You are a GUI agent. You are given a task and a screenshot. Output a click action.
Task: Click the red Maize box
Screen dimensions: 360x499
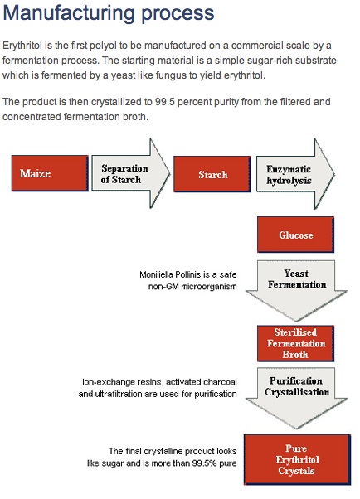(50, 173)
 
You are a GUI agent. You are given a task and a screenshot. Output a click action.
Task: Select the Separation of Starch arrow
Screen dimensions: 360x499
(130, 173)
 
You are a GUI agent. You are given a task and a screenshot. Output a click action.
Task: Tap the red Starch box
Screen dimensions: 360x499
(212, 174)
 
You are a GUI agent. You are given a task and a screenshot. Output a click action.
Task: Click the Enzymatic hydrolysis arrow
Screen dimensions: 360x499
(295, 174)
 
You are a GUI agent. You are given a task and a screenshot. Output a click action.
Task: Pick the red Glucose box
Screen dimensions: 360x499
(295, 235)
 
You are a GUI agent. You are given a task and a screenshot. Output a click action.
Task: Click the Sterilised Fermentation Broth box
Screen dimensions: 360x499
(295, 343)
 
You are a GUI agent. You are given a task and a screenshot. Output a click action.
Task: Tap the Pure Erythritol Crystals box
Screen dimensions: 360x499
(297, 459)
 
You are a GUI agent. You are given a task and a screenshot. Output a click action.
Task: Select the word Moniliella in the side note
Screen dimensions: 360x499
(154, 274)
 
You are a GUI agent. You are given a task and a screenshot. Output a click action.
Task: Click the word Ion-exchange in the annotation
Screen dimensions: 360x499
(102, 382)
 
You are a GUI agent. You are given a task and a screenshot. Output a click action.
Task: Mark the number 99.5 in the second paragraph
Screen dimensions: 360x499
(165, 102)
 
